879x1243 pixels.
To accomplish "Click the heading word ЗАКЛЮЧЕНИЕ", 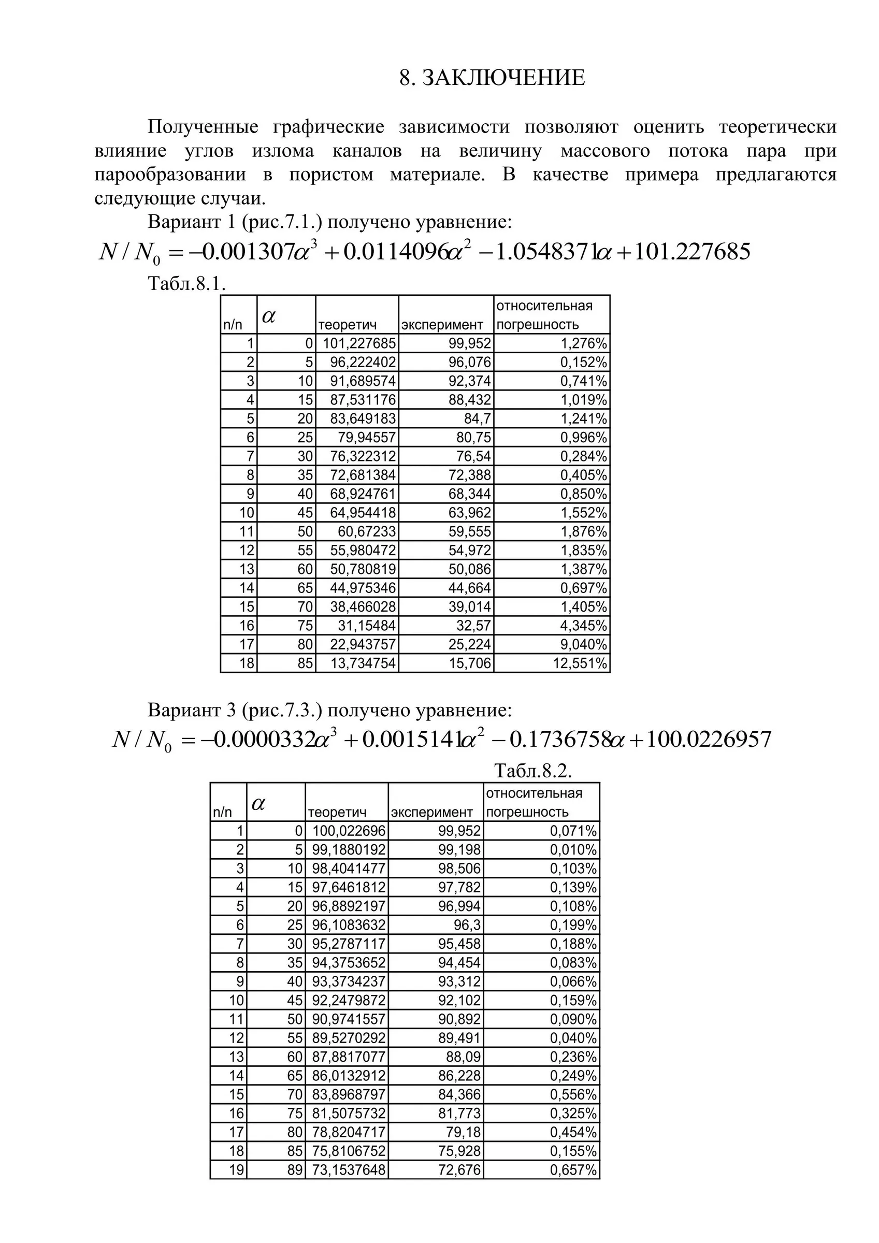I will [503, 78].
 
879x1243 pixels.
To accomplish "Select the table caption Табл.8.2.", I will [533, 770].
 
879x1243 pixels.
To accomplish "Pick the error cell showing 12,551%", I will [580, 663].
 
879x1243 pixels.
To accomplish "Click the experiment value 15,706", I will [470, 663].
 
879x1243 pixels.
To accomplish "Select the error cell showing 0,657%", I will [573, 1170].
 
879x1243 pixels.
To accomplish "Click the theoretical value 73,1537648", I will [349, 1170].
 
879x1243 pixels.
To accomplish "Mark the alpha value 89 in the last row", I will [295, 1170].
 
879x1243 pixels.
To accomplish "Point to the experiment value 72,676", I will [459, 1170].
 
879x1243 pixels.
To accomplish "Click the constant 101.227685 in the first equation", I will [691, 252].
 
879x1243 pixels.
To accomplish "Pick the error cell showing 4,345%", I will [583, 626].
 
